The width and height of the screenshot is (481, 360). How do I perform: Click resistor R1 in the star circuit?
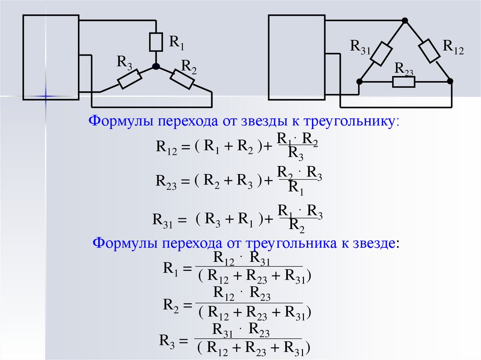pyautogui.click(x=156, y=42)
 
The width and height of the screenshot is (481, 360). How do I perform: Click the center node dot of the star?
pyautogui.click(x=156, y=67)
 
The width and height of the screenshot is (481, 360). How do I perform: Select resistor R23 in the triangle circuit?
pyautogui.click(x=403, y=82)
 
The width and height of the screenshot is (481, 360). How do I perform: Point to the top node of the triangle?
pyautogui.click(x=405, y=21)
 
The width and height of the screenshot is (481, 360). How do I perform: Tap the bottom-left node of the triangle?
pyautogui.click(x=359, y=81)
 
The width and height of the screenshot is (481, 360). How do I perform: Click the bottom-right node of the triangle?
pyautogui.click(x=450, y=81)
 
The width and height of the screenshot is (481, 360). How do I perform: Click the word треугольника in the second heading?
pyautogui.click(x=282, y=244)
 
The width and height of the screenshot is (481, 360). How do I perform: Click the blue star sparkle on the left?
pyautogui.click(x=46, y=96)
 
